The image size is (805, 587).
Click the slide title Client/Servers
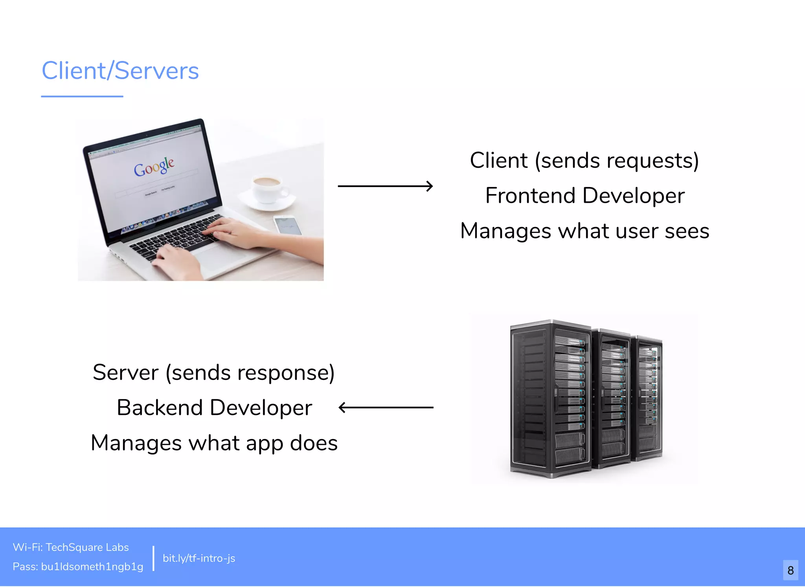[x=120, y=71]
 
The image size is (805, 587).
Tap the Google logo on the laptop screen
[x=154, y=167]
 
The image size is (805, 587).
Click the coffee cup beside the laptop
[x=268, y=189]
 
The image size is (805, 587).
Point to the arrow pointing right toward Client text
[x=385, y=186]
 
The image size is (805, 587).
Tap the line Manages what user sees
[x=584, y=231]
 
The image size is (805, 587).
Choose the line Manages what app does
[x=214, y=443]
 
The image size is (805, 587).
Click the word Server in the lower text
[x=126, y=372]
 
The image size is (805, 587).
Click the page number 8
[x=790, y=570]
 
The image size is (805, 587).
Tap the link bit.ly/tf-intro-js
[x=199, y=558]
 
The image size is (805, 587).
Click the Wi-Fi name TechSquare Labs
[x=87, y=547]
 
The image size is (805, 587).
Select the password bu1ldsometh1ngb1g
[x=92, y=567]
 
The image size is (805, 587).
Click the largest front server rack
[x=550, y=399]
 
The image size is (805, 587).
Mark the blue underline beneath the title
[x=82, y=96]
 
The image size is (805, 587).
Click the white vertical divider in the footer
[x=153, y=558]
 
